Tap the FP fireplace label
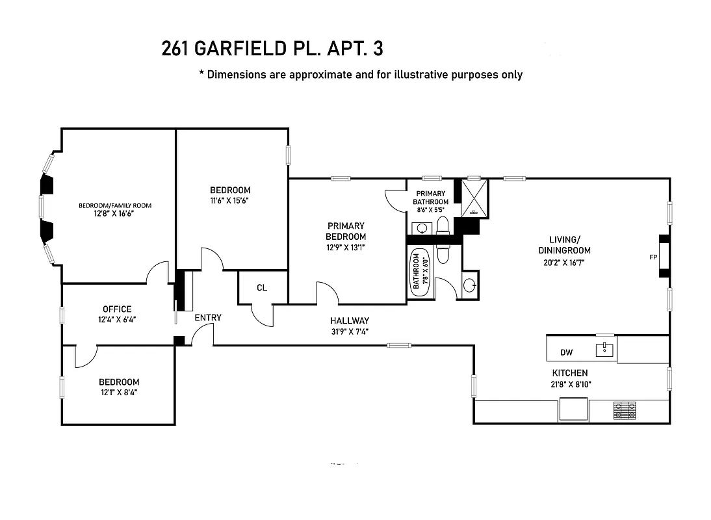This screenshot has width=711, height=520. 653,257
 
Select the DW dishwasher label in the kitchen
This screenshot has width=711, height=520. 567,353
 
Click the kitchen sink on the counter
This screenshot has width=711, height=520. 605,350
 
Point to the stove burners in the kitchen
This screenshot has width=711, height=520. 625,410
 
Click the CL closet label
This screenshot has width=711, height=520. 262,288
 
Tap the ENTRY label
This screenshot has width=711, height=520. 208,318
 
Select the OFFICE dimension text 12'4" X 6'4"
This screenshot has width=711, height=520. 117,319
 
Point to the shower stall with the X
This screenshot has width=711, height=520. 474,198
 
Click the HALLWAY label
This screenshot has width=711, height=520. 349,320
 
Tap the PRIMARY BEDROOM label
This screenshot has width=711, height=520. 346,231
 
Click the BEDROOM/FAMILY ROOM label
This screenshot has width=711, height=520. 115,205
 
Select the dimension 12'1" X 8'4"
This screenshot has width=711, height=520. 118,392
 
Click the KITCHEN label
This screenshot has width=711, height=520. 570,373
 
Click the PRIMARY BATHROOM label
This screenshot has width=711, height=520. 431,197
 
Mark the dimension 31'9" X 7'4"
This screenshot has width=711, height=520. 349,331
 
